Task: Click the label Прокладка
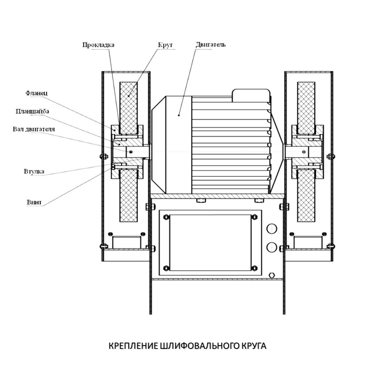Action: click(98, 45)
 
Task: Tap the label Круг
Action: click(165, 45)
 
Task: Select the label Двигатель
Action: click(210, 44)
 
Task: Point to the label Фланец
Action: click(36, 93)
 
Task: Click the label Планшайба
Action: click(33, 111)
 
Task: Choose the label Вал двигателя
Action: click(34, 129)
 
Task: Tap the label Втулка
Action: click(34, 171)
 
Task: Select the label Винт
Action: click(34, 202)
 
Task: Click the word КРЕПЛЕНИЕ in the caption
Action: click(133, 346)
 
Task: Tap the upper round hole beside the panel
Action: click(272, 228)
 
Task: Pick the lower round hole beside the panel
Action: click(272, 247)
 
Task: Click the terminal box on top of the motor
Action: click(251, 95)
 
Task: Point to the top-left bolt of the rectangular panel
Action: click(167, 217)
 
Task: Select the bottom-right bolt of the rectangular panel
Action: click(254, 268)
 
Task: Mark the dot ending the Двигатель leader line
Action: click(179, 115)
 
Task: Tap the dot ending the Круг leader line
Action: click(129, 96)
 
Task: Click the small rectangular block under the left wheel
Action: click(127, 242)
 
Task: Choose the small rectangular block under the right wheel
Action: click(308, 242)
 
